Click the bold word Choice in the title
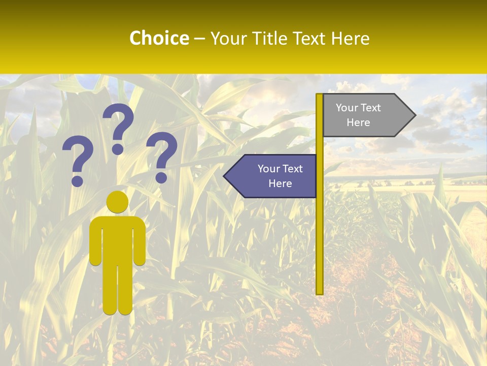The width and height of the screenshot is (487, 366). pyautogui.click(x=159, y=38)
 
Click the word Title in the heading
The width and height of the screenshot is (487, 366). pyautogui.click(x=268, y=38)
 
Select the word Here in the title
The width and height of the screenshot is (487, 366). pyautogui.click(x=350, y=38)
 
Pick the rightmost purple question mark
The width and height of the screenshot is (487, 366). pyautogui.click(x=162, y=157)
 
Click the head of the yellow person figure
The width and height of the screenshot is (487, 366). pyautogui.click(x=118, y=202)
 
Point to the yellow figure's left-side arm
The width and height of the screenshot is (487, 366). pyautogui.click(x=95, y=241)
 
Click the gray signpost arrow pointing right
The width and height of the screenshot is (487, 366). pyautogui.click(x=365, y=115)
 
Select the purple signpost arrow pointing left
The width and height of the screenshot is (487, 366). pyautogui.click(x=274, y=176)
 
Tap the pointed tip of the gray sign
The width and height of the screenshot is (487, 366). pyautogui.click(x=413, y=115)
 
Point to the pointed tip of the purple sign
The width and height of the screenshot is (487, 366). pyautogui.click(x=226, y=176)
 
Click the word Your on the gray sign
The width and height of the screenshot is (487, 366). pyautogui.click(x=347, y=108)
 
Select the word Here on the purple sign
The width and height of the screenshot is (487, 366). pyautogui.click(x=280, y=184)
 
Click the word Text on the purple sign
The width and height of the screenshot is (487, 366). pyautogui.click(x=293, y=169)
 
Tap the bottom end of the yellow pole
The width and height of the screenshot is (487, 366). pyautogui.click(x=320, y=292)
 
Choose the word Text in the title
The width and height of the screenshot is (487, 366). pyautogui.click(x=310, y=38)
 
